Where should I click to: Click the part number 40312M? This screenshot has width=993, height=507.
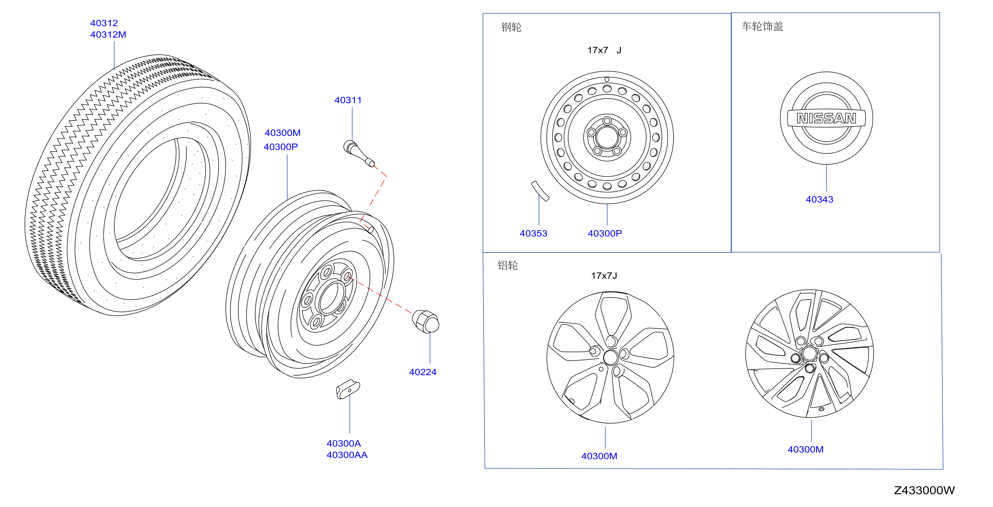[x=108, y=35]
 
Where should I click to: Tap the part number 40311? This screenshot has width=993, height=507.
[x=348, y=100]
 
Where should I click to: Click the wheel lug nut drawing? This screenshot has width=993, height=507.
[x=426, y=321]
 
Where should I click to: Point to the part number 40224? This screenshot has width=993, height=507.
[x=423, y=372]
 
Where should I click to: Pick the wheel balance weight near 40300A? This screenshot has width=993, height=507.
[x=348, y=389]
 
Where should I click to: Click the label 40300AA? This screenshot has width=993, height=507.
[x=347, y=455]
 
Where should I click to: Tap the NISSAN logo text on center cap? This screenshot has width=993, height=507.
[x=826, y=118]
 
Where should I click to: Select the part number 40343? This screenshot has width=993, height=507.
[x=819, y=200]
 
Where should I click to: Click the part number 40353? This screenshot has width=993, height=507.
[x=533, y=233]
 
